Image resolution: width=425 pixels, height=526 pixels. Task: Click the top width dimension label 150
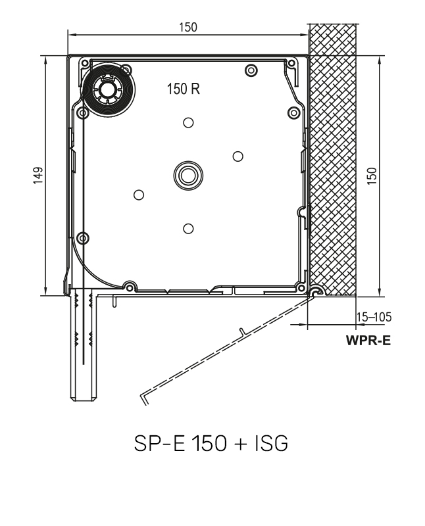click(188, 27)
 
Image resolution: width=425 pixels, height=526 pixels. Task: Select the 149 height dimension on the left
click(38, 176)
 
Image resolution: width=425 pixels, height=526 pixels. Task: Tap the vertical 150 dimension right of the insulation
click(372, 176)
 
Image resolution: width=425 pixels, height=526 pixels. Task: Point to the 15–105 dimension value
click(373, 317)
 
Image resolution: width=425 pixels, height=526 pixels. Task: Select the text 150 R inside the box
click(184, 91)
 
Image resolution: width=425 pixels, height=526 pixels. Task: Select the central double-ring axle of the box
click(188, 175)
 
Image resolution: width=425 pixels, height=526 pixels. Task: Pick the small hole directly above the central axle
click(188, 122)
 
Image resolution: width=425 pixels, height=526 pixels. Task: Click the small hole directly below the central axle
click(188, 228)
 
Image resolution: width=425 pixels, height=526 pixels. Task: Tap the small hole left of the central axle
click(138, 194)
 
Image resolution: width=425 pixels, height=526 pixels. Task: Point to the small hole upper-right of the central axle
click(238, 156)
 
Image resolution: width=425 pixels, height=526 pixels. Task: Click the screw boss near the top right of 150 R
click(249, 70)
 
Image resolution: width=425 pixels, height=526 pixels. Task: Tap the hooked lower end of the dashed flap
click(144, 396)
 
